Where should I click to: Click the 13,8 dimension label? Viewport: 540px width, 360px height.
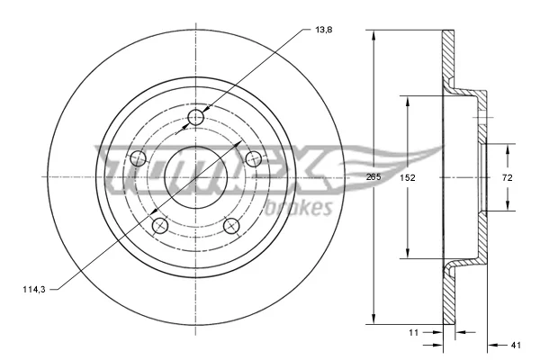[x=324, y=30]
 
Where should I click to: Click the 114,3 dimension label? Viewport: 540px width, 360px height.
[x=34, y=290]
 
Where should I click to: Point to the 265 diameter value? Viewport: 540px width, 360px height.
[x=373, y=177]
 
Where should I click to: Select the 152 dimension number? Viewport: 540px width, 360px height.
[x=408, y=178]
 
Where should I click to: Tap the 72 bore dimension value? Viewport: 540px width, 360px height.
[x=508, y=178]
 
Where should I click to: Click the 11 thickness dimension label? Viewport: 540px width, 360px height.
[x=413, y=332]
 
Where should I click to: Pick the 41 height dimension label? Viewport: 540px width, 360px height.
[x=516, y=345]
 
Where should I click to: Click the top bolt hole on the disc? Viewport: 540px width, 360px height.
[x=196, y=118]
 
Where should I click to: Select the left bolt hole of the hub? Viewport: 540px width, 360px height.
[x=138, y=158]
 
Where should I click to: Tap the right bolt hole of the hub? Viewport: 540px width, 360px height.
[x=254, y=158]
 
